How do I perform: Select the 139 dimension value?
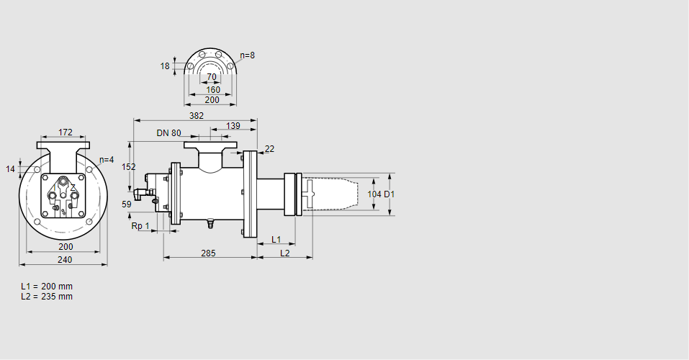click(x=233, y=126)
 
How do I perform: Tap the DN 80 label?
click(x=168, y=133)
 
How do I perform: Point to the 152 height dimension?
click(x=128, y=166)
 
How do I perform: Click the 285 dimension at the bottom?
click(x=208, y=253)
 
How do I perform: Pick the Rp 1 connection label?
click(x=140, y=226)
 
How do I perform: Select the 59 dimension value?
click(x=127, y=204)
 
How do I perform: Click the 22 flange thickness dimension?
click(x=269, y=149)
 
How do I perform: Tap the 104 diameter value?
click(x=374, y=194)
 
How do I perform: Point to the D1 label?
click(x=389, y=194)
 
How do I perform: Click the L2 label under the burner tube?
click(x=285, y=253)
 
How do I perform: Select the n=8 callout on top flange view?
click(x=247, y=55)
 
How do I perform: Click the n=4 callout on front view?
click(x=107, y=160)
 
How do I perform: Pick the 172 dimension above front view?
click(x=66, y=132)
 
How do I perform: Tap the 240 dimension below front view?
click(x=66, y=260)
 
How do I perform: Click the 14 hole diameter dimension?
click(x=10, y=169)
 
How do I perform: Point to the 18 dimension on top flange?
click(x=165, y=66)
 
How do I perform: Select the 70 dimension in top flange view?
click(x=211, y=77)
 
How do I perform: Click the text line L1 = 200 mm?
click(x=47, y=287)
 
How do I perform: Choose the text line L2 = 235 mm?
click(x=47, y=297)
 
